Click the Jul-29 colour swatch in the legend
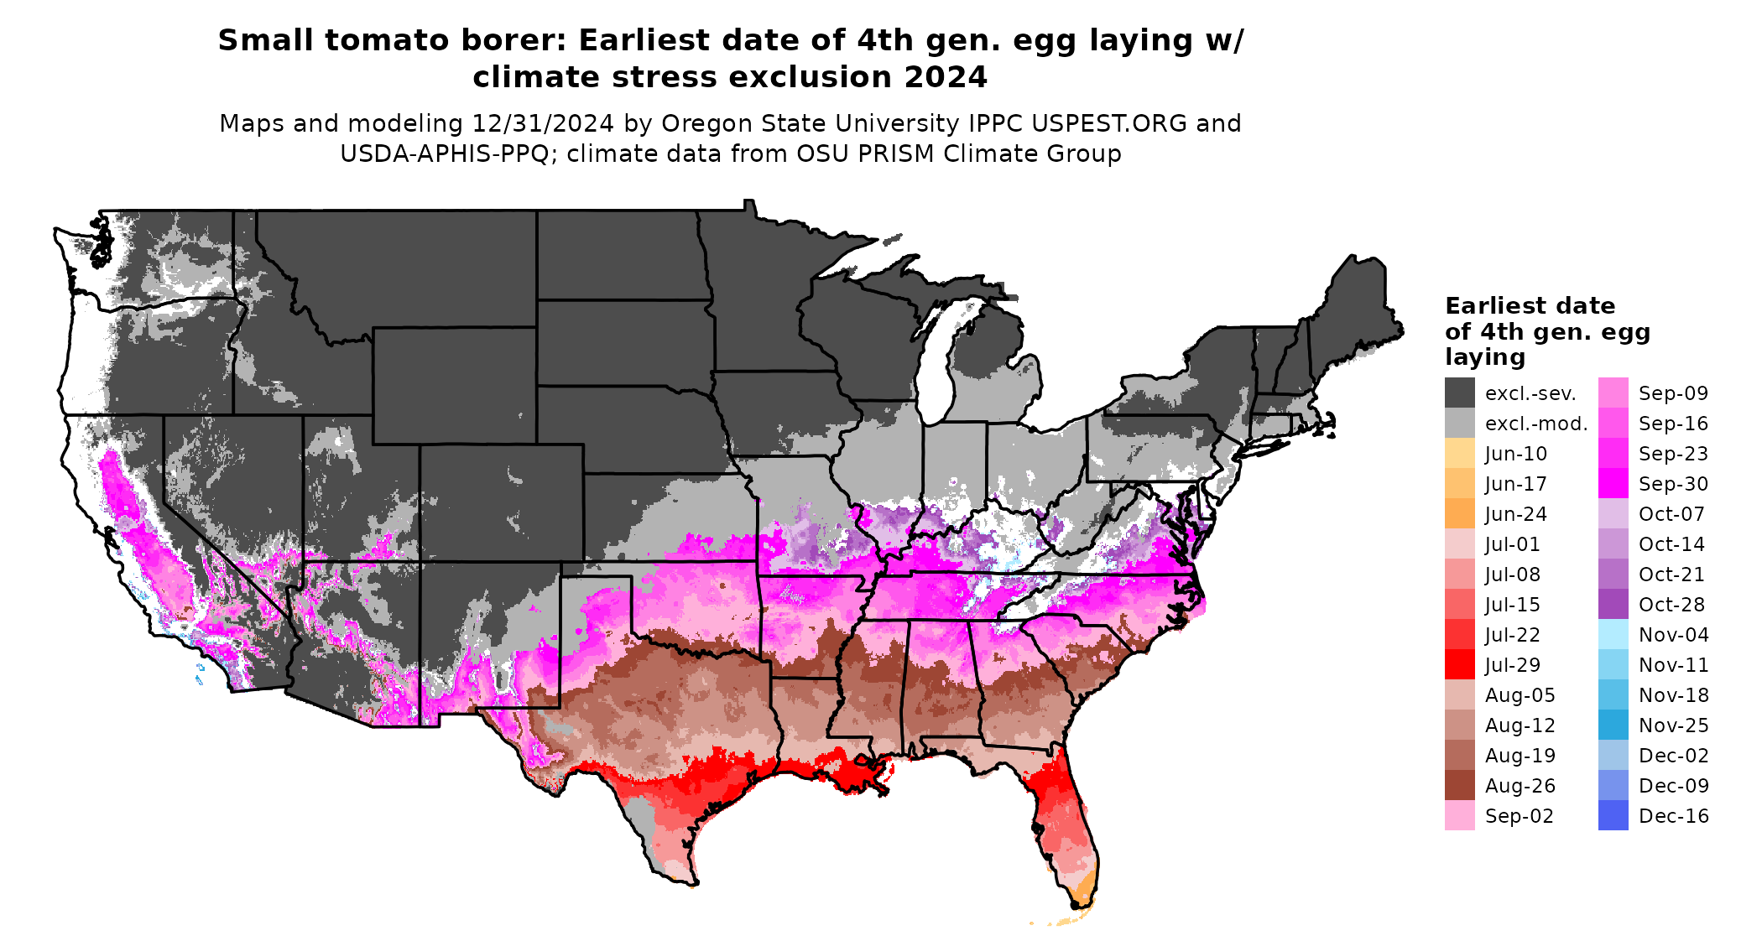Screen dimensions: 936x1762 [x=1459, y=665]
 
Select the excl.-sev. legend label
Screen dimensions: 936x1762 [x=1530, y=393]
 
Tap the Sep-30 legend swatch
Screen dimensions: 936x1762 [x=1613, y=484]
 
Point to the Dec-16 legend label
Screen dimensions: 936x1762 [x=1673, y=816]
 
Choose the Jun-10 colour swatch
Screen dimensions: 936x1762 [x=1459, y=454]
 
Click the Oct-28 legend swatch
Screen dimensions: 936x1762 [x=1613, y=605]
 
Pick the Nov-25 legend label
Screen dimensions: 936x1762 [x=1673, y=725]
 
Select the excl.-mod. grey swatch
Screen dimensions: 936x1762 [x=1459, y=424]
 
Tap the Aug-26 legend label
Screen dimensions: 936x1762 [x=1520, y=786]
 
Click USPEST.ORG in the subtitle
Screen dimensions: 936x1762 [x=1109, y=123]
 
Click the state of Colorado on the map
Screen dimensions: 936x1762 [x=501, y=503]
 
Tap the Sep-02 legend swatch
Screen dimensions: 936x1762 [x=1459, y=816]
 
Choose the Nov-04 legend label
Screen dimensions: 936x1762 [x=1673, y=635]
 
